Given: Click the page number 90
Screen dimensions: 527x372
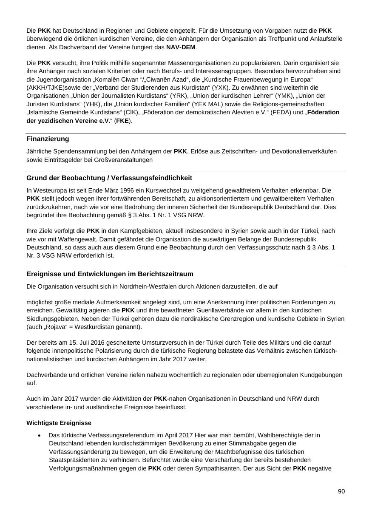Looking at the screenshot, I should (341, 491).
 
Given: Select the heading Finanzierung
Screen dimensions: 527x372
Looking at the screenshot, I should (48, 139).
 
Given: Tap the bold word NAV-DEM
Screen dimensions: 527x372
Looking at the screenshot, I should (181, 47).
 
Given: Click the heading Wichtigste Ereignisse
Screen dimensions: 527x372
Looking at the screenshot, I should (59, 423).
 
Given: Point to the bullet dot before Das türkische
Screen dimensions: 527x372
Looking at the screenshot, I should (40, 435).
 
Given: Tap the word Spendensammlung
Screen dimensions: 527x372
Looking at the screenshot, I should (75, 151).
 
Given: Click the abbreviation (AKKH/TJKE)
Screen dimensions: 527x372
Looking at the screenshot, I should (45, 88).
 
